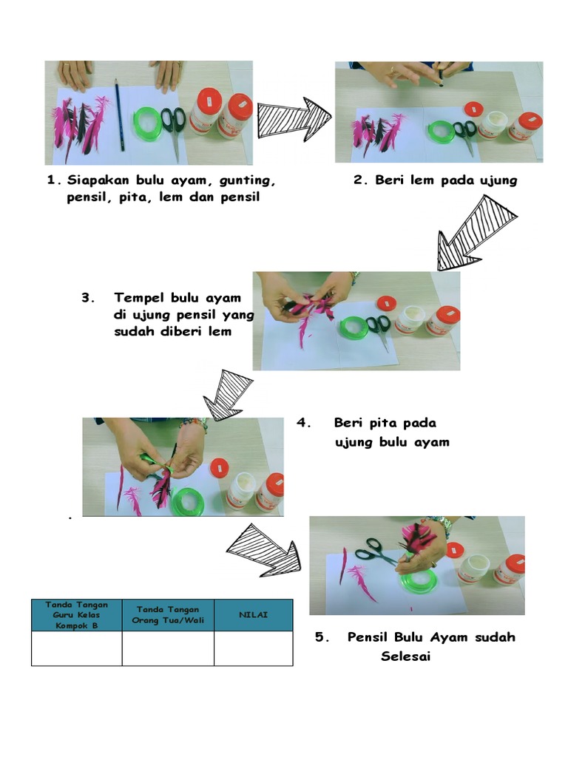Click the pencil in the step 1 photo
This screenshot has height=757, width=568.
click(119, 115)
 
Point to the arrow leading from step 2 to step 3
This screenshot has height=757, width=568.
click(475, 232)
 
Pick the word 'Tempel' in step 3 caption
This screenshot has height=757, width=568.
click(140, 298)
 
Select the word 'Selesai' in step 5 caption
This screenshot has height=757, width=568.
click(405, 656)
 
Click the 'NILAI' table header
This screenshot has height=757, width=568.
click(253, 615)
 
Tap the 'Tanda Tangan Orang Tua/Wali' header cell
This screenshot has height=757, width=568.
click(168, 614)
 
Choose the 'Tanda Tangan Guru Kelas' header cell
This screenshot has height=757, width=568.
click(76, 614)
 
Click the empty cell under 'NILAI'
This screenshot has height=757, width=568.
click(253, 648)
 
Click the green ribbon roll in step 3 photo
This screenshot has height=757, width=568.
click(354, 326)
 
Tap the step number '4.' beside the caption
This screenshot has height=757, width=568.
click(303, 424)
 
